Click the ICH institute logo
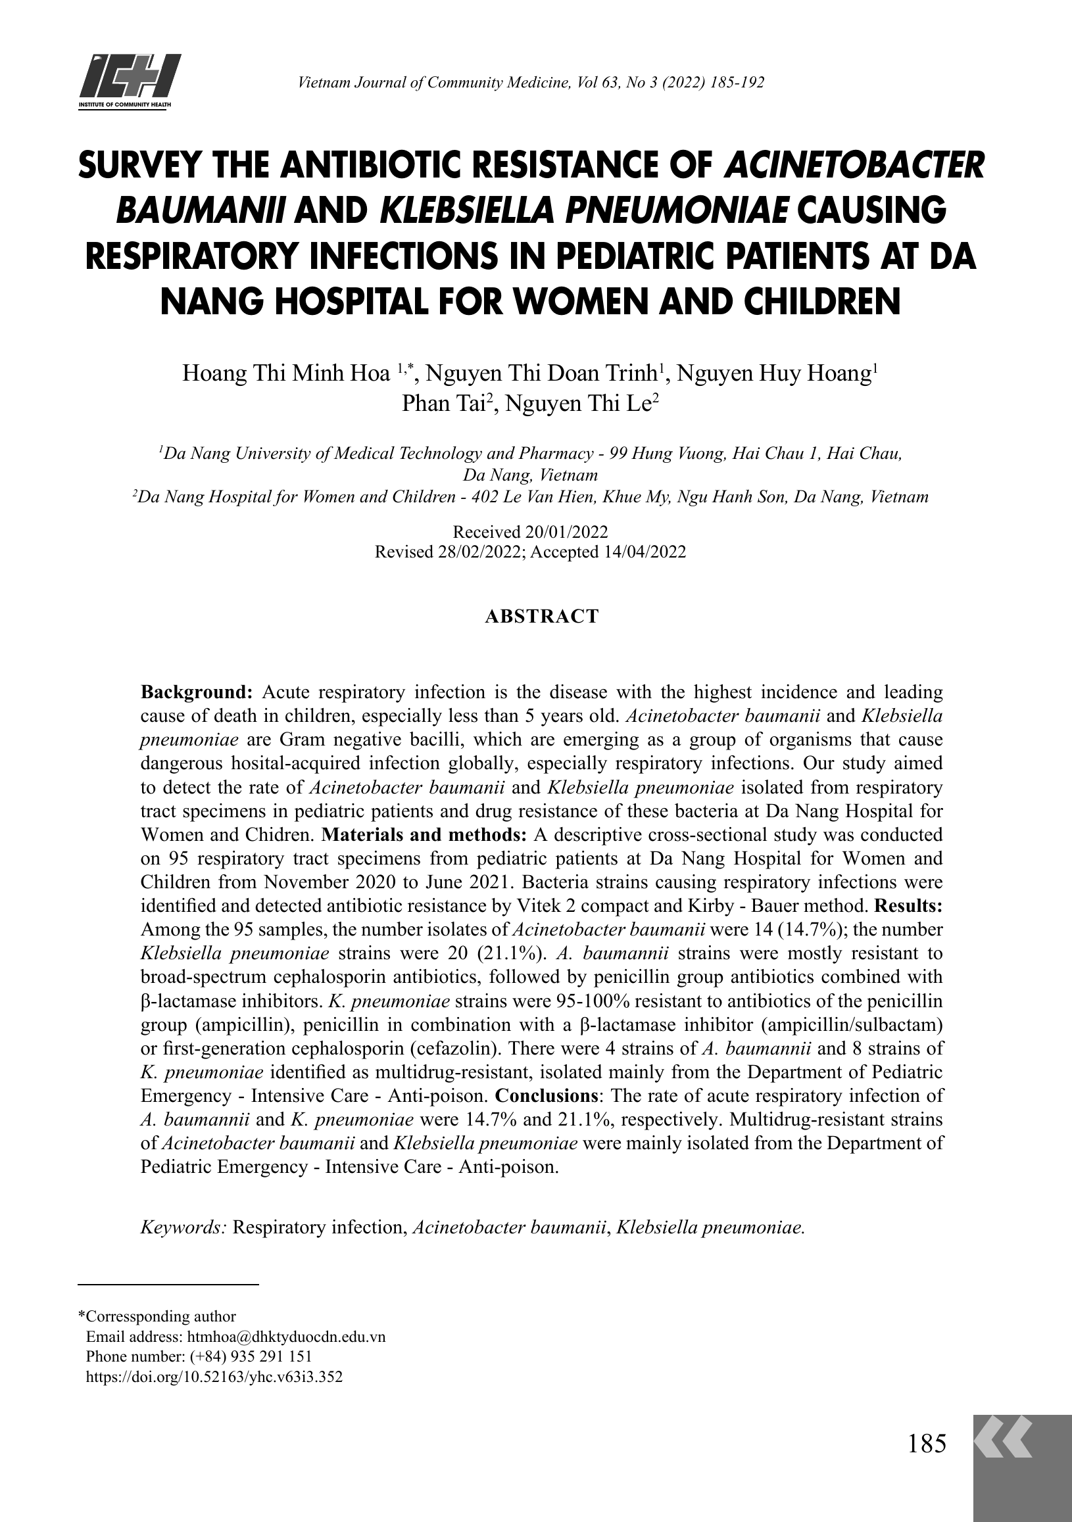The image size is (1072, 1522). coord(130,82)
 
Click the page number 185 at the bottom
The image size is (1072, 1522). coord(926,1442)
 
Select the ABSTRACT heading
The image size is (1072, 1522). coord(542,617)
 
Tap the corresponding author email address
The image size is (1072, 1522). coord(286,1337)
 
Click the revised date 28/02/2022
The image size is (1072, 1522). coord(477,552)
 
